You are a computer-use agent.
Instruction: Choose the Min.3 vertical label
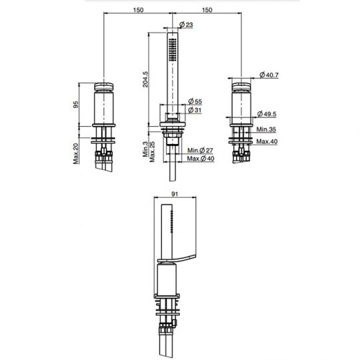pos(145,148)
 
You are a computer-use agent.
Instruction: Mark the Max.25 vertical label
pos(153,151)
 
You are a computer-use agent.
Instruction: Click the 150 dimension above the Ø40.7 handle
pos(207,10)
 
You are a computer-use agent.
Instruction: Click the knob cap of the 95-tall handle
pos(105,87)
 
